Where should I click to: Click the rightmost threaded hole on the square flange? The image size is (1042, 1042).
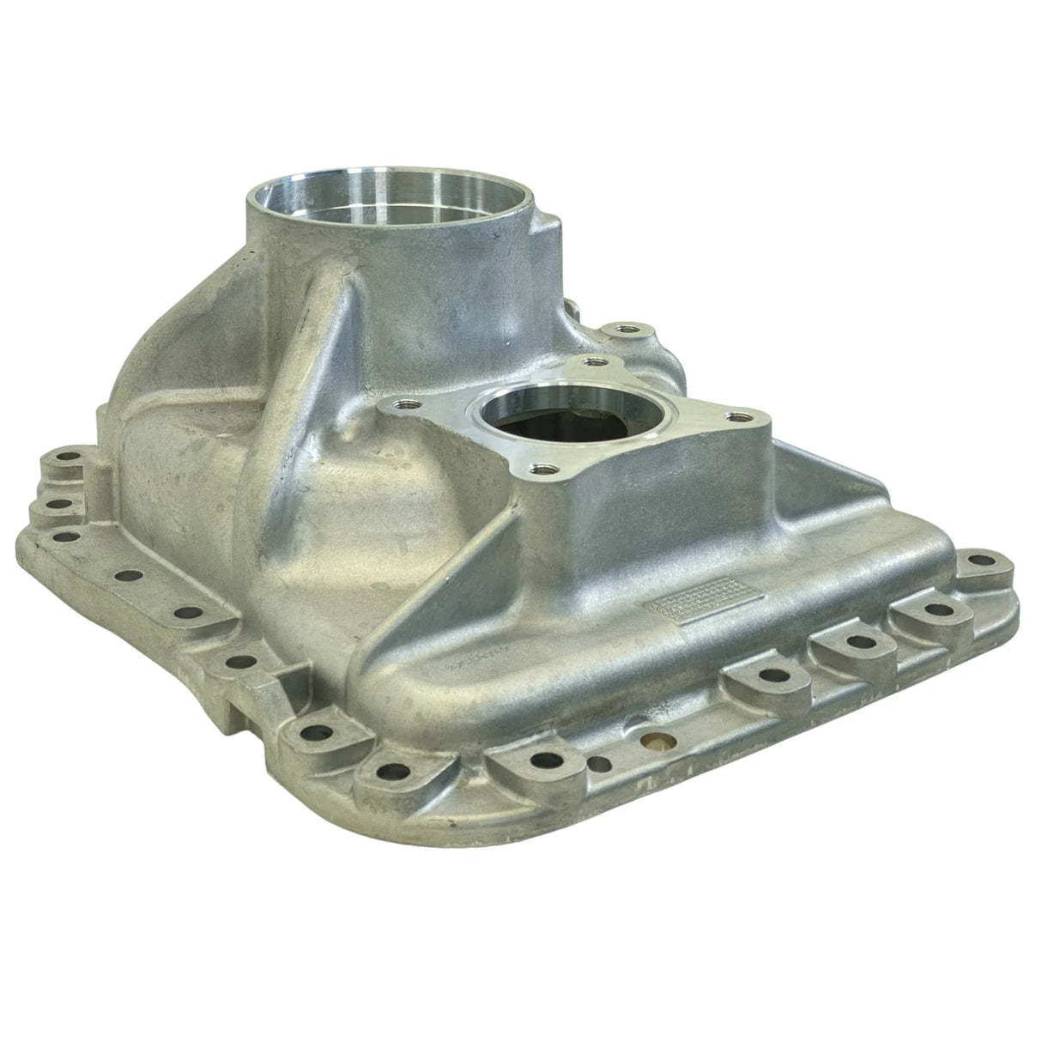pos(735,416)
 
